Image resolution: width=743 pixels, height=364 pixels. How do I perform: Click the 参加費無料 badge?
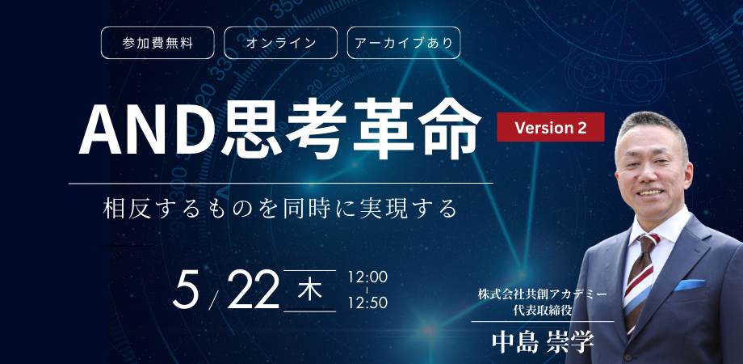point(157,43)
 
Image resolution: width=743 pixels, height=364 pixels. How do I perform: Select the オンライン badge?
point(280,43)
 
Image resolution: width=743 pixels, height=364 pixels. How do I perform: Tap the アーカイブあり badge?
point(404,43)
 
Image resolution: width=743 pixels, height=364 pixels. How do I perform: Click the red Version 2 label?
point(551,127)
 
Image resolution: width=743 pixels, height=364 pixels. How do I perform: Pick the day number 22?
point(254,290)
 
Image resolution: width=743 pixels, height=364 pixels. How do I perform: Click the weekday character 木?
point(310,290)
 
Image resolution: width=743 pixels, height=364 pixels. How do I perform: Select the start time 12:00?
point(367,277)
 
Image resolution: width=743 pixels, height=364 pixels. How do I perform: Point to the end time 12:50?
point(367,303)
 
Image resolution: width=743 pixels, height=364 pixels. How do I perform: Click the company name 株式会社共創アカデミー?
point(543,294)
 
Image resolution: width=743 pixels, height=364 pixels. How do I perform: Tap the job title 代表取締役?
point(543,310)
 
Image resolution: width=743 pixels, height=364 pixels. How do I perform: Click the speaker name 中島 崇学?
point(543,341)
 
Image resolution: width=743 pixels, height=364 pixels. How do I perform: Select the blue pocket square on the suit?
point(689,285)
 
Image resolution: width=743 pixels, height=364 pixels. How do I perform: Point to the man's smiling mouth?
point(650,193)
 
